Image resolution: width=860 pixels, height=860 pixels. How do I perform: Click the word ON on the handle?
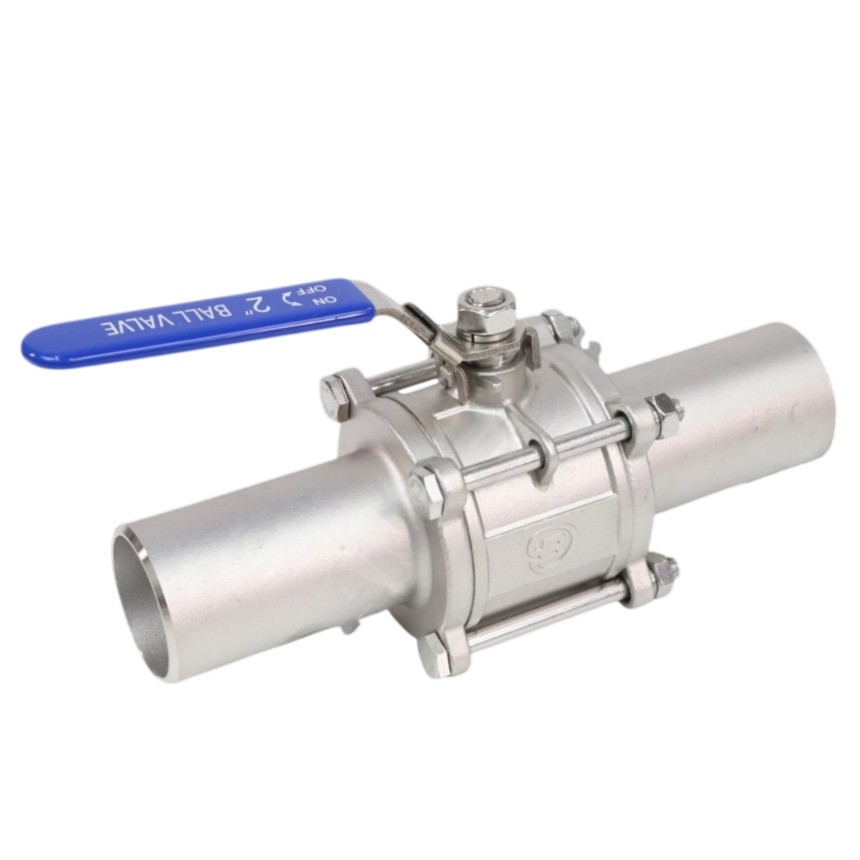(319, 301)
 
